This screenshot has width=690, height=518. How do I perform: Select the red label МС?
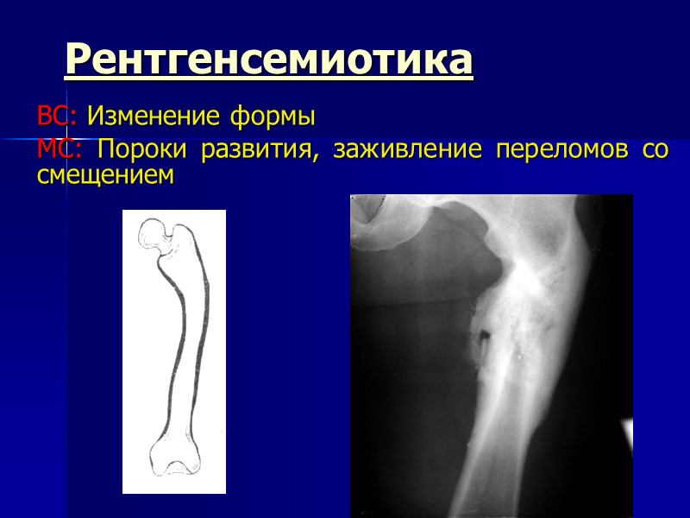pyautogui.click(x=60, y=149)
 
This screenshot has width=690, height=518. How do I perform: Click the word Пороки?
pyautogui.click(x=142, y=149)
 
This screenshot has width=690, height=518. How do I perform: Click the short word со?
pyautogui.click(x=655, y=151)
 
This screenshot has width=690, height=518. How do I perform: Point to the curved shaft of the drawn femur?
pyautogui.click(x=188, y=345)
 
